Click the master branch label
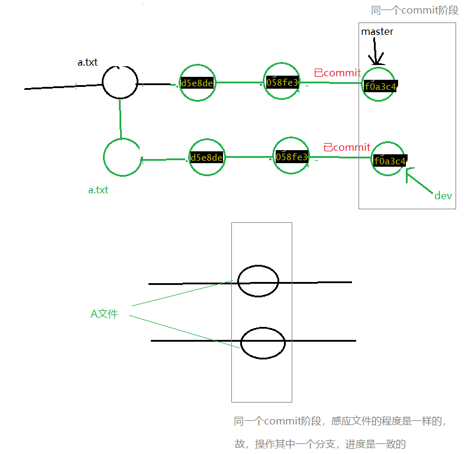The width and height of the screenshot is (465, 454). [x=377, y=31]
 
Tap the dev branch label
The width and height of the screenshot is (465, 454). [x=443, y=196]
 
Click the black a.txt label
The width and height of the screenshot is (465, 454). [x=88, y=62]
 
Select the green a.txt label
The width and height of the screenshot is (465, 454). [x=98, y=190]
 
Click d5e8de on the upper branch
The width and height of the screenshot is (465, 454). [x=197, y=83]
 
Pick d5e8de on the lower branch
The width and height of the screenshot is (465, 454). [x=206, y=158]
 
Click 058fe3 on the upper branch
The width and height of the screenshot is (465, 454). [x=283, y=82]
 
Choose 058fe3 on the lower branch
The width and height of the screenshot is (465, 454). [x=292, y=157]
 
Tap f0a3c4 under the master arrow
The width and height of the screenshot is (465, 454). [x=380, y=86]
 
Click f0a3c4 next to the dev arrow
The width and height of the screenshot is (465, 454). [x=390, y=161]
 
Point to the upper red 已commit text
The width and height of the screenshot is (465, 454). [x=337, y=73]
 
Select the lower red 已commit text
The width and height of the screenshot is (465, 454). [x=346, y=147]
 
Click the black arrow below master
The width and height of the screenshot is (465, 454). [x=375, y=53]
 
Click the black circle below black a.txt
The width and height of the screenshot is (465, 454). [x=120, y=82]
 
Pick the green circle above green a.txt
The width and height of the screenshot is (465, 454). [x=122, y=157]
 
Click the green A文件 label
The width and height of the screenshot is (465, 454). [x=104, y=314]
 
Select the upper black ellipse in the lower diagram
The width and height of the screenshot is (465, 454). [x=257, y=281]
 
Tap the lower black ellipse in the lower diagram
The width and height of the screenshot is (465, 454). [x=263, y=342]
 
